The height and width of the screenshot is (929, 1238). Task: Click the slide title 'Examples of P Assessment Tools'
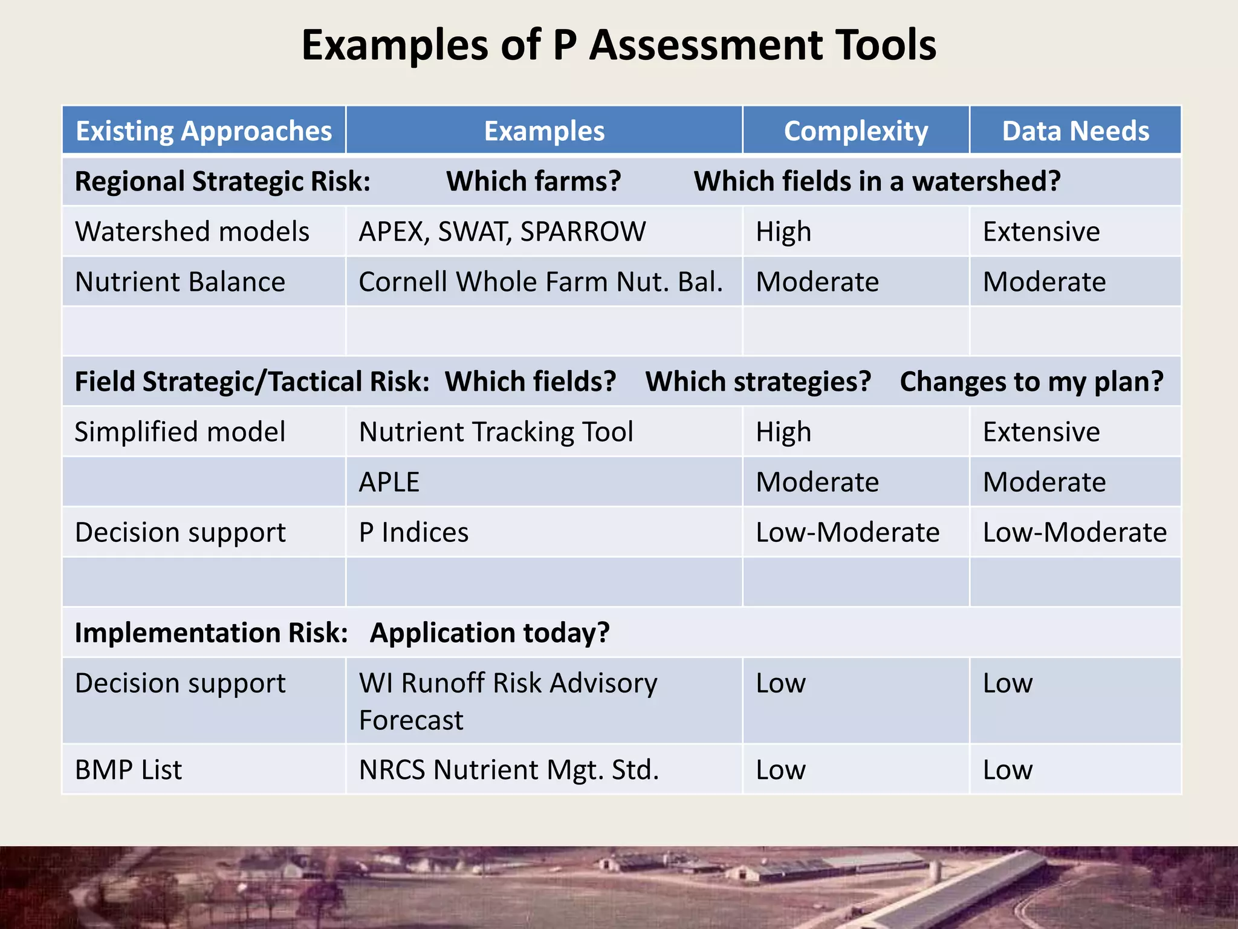tap(618, 45)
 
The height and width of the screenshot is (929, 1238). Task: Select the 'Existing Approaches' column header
tap(204, 131)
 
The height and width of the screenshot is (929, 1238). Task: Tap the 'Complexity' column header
tap(855, 131)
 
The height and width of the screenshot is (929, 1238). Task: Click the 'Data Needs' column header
tap(1075, 131)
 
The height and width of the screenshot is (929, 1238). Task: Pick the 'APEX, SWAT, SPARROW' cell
tap(502, 232)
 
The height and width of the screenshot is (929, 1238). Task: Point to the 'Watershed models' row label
tap(192, 232)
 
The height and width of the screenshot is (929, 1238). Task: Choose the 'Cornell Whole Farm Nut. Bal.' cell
tap(540, 282)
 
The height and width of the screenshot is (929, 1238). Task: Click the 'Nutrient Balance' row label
tap(180, 282)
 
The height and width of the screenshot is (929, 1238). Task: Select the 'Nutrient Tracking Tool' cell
tap(496, 432)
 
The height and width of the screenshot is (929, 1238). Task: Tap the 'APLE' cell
tap(389, 482)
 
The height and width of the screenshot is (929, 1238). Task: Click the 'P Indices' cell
tap(413, 532)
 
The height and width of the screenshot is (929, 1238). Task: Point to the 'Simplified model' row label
tap(180, 432)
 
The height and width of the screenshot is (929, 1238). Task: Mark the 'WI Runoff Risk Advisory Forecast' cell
tap(508, 701)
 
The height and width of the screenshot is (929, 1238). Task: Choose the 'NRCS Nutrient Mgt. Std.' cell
tap(508, 770)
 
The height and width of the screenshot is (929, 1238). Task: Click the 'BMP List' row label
tap(128, 770)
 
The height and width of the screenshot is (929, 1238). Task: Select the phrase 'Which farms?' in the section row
tap(533, 181)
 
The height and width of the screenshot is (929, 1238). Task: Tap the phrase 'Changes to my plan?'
tap(1031, 382)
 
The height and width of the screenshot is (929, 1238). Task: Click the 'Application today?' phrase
tap(490, 633)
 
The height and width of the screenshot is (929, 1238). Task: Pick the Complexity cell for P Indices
tap(847, 532)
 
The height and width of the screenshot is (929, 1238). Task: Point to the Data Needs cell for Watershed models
tap(1041, 232)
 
